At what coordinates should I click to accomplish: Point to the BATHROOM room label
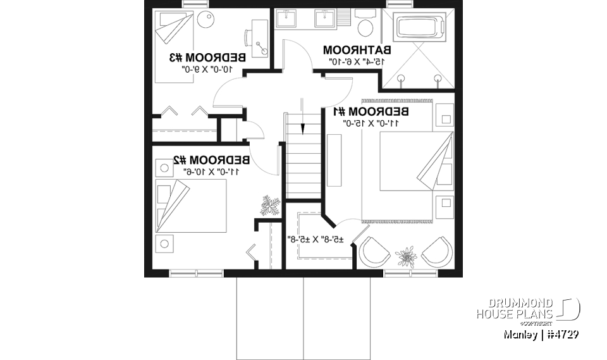tap(357, 49)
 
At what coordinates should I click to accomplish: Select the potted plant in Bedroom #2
tap(271, 206)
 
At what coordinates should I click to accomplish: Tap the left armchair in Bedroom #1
tap(374, 251)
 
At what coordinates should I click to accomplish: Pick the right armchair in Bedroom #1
tap(437, 251)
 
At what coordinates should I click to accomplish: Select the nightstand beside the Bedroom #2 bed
tap(166, 243)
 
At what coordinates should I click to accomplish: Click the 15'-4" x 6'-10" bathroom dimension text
tap(357, 61)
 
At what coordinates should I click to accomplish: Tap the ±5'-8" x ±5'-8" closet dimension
tap(316, 239)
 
